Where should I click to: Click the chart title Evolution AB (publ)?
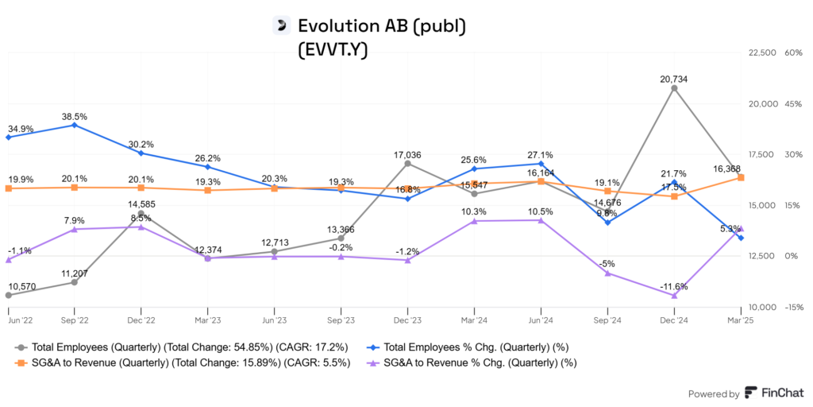coord(380,25)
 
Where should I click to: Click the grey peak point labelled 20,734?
coord(674,88)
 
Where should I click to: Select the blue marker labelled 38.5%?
coord(75,125)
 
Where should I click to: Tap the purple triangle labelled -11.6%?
coord(674,295)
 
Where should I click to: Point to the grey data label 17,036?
coord(407,155)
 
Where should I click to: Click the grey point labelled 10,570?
coord(8,295)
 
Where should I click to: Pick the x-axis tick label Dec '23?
coord(407,320)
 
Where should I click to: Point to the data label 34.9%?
coord(21,128)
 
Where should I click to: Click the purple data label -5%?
coord(607,263)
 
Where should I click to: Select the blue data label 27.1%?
coord(541,155)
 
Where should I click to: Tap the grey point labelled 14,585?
coord(141,214)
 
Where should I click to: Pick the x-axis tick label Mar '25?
coord(741,320)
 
